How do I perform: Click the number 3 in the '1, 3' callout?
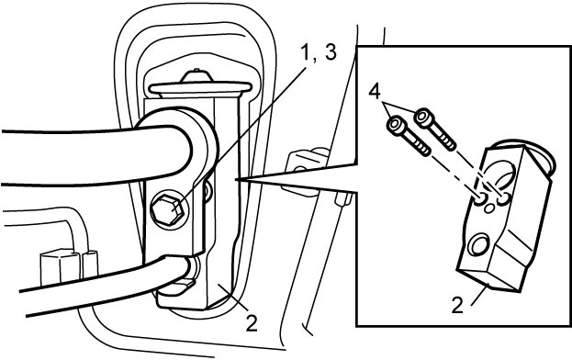[330, 53]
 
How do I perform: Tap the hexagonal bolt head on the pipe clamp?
[168, 211]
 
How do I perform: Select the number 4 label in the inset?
[375, 91]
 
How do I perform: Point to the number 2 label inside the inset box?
[457, 305]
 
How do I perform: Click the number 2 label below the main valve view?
[252, 323]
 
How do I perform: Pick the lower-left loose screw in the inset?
[409, 136]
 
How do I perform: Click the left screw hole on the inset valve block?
[481, 199]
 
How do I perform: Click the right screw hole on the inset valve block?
[504, 198]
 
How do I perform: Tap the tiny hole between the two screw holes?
[489, 208]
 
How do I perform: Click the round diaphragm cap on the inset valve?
[539, 158]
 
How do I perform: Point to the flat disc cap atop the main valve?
[200, 87]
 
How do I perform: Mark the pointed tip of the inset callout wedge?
[236, 179]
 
